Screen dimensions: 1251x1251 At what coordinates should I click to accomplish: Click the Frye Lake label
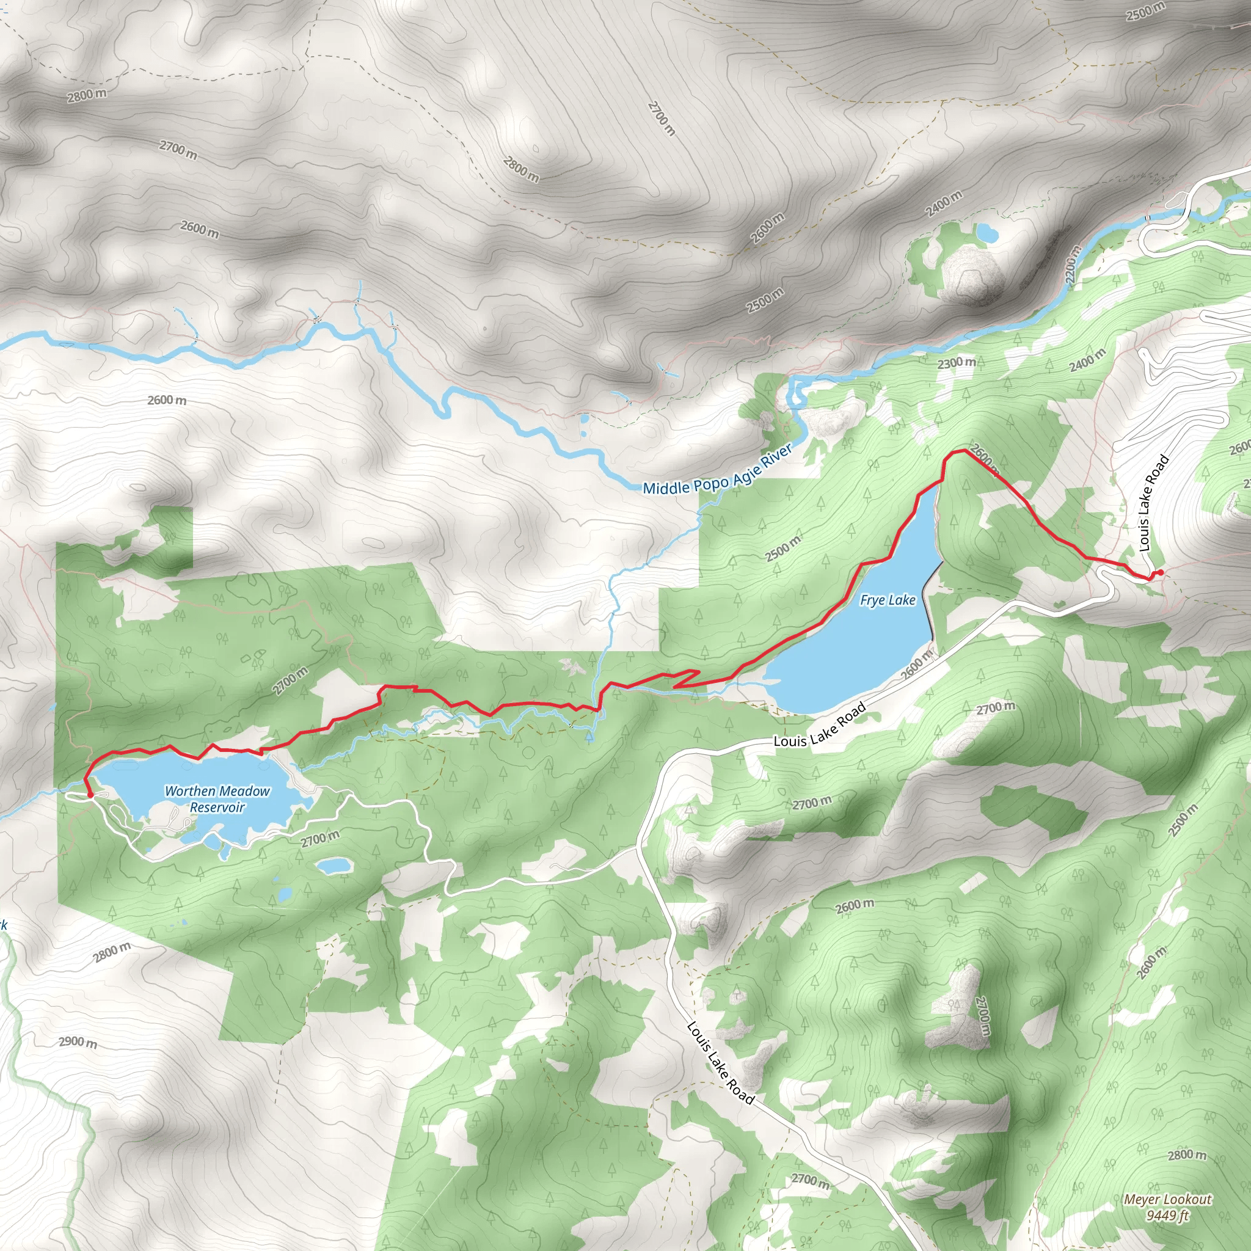[x=887, y=600]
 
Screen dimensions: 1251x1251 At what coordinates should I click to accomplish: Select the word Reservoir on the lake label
[x=217, y=808]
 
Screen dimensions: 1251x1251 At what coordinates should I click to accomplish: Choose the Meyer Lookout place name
[x=1167, y=1199]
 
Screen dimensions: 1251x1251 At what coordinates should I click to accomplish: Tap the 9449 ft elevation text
[x=1167, y=1216]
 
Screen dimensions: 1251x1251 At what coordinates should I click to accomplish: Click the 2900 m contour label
[x=78, y=1042]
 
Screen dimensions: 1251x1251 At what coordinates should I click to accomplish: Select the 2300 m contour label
[x=957, y=363]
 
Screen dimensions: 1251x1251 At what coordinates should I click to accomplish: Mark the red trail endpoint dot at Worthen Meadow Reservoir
[x=90, y=795]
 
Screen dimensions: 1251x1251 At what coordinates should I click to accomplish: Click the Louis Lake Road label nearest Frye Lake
[x=820, y=725]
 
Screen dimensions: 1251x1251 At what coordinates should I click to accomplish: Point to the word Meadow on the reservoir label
[x=244, y=790]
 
